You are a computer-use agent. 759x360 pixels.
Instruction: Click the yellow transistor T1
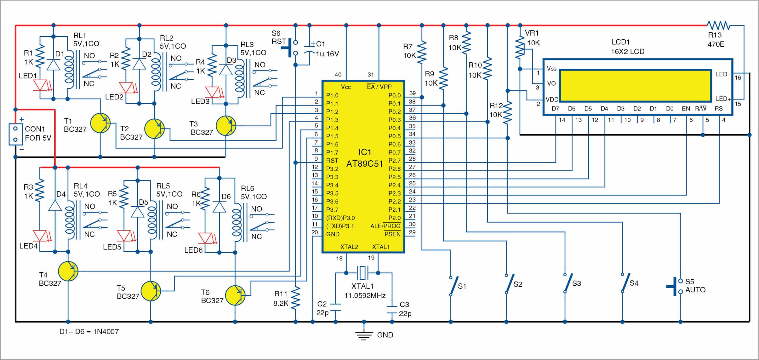pyautogui.click(x=100, y=123)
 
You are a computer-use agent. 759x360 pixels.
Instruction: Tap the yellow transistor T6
pyautogui.click(x=235, y=295)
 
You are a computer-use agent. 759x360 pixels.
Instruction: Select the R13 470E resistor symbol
pyautogui.click(x=718, y=25)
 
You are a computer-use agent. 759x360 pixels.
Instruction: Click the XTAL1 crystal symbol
pyautogui.click(x=362, y=273)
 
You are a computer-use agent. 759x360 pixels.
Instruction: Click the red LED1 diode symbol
pyautogui.click(x=40, y=85)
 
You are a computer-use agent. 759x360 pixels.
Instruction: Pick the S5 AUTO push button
pyautogui.click(x=676, y=287)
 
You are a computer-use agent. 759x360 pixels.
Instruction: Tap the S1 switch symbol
pyautogui.click(x=454, y=286)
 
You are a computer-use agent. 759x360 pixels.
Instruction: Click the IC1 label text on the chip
pyautogui.click(x=365, y=152)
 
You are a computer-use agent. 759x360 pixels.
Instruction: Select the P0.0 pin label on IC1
pyautogui.click(x=394, y=95)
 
